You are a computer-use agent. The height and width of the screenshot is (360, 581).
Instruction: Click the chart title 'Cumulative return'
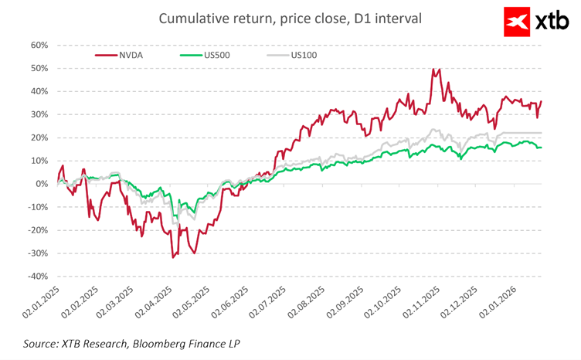point(290,18)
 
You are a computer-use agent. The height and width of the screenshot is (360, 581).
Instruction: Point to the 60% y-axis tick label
point(39,45)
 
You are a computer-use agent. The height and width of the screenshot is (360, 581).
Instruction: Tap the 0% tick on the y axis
point(42,184)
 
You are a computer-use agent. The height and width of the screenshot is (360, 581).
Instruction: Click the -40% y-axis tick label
point(38,277)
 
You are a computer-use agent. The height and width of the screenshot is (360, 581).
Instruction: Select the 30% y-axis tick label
point(39,114)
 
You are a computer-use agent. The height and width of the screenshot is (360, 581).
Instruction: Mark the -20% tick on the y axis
point(38,230)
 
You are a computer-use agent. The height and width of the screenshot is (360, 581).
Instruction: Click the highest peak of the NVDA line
point(433,69)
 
